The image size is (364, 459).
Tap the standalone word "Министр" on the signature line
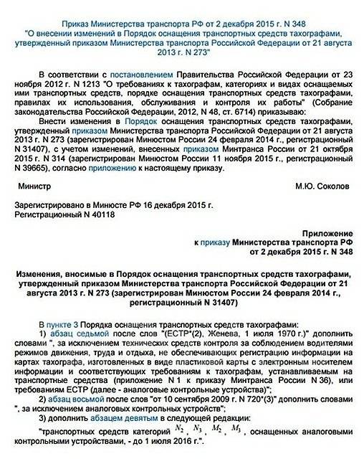(x=42, y=185)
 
